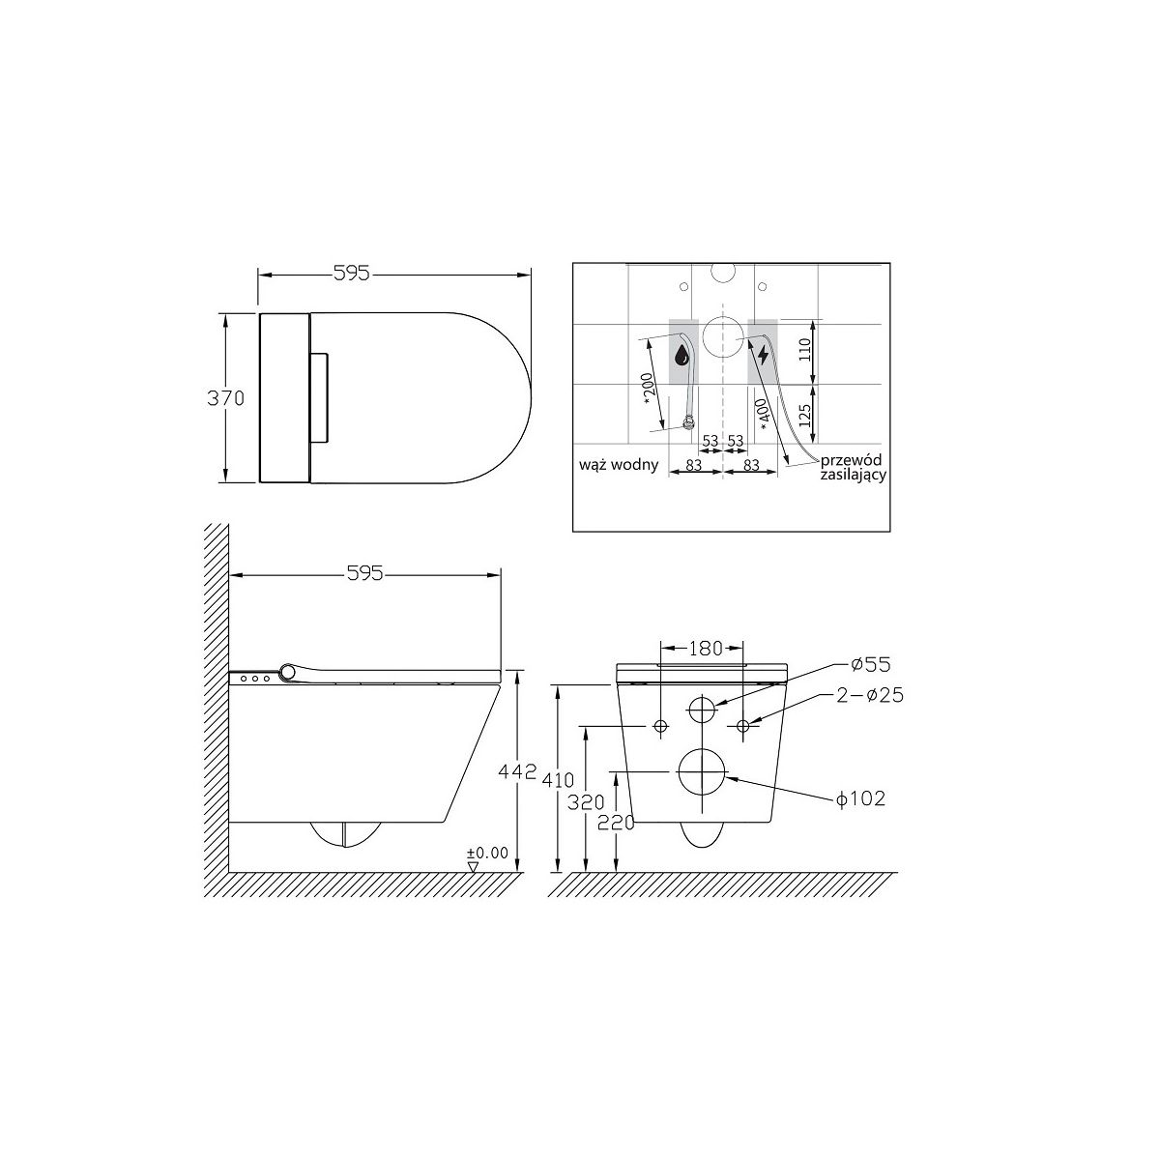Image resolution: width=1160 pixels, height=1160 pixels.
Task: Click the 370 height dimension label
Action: pyautogui.click(x=226, y=398)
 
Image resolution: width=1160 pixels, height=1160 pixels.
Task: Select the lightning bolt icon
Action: pyautogui.click(x=763, y=355)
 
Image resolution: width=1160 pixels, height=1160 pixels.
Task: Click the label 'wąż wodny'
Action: pyautogui.click(x=619, y=465)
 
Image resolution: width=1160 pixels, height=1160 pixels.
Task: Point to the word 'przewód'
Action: pyautogui.click(x=852, y=460)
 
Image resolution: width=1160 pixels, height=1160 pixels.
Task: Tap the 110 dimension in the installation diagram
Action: pyautogui.click(x=806, y=350)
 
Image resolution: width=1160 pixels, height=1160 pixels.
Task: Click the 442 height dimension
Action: pyautogui.click(x=516, y=771)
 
